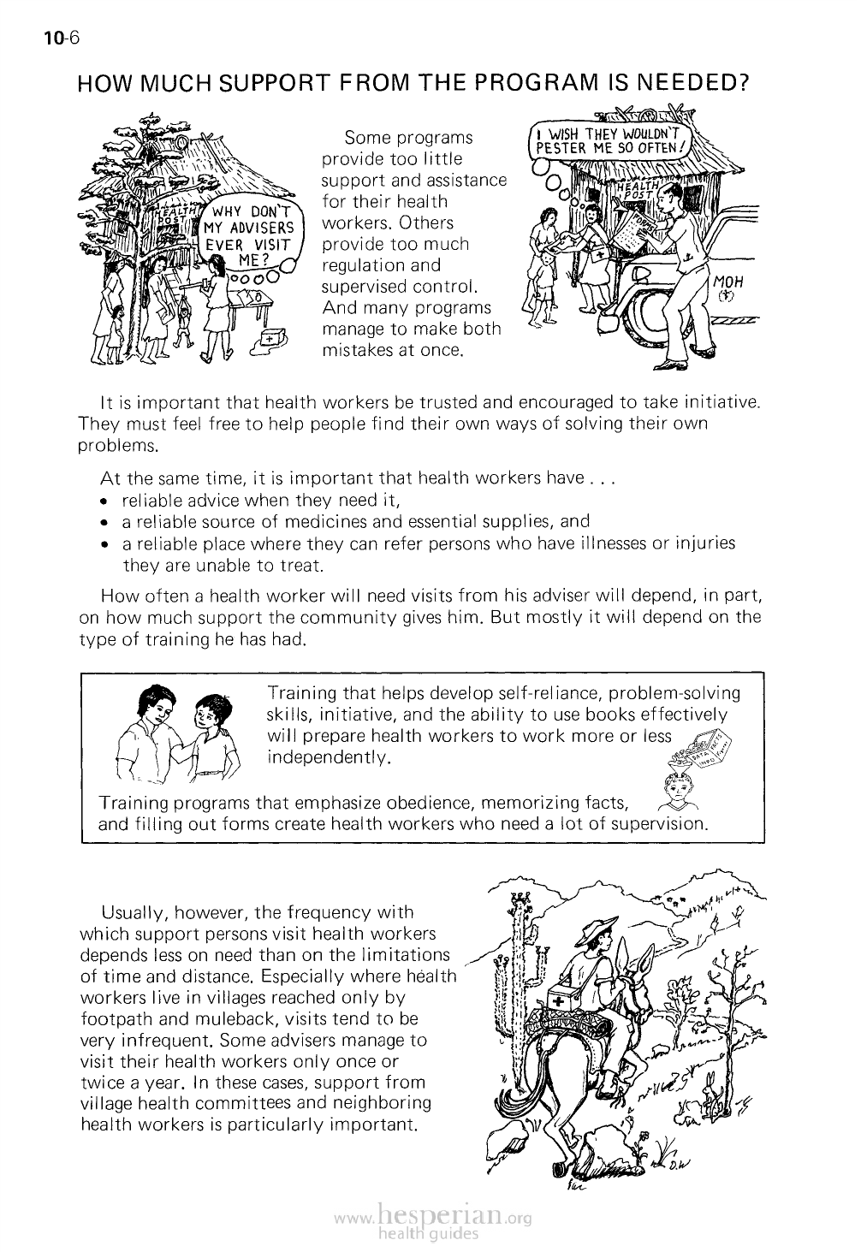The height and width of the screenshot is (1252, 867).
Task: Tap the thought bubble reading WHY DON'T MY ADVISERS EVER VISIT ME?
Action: pyautogui.click(x=249, y=234)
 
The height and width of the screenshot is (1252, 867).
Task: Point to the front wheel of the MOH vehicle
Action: pyautogui.click(x=650, y=312)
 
